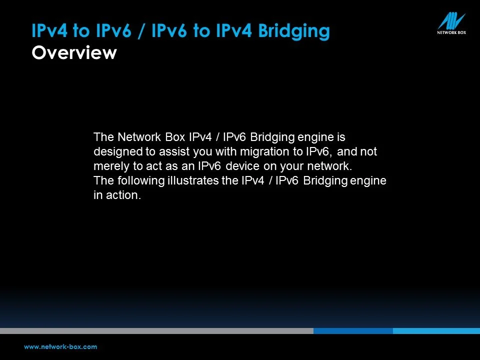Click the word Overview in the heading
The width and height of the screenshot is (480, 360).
click(74, 52)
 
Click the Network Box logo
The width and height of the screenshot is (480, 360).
click(451, 23)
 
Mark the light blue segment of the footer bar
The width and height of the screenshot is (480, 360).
click(436, 331)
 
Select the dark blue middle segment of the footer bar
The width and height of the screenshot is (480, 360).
click(353, 331)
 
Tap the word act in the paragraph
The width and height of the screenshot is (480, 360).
click(150, 166)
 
